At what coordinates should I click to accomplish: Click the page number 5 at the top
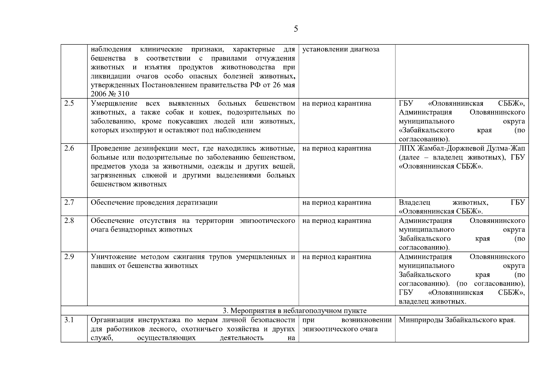[x=296, y=29]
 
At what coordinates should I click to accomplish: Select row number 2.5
[x=69, y=104]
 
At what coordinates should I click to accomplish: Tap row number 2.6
[x=69, y=149]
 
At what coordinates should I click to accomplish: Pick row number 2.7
[x=69, y=203]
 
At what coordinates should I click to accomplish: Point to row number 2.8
[x=69, y=221]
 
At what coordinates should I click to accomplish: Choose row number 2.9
[x=69, y=257]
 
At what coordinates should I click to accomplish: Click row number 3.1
[x=69, y=320]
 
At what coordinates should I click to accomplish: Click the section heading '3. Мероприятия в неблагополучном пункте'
[x=294, y=311]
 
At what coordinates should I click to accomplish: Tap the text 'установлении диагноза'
[x=341, y=50]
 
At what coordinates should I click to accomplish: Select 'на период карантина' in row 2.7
[x=337, y=203]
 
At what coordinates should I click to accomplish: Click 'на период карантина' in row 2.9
[x=337, y=257]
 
